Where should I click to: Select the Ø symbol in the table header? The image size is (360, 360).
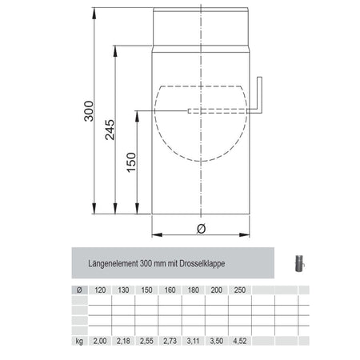[78, 290]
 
